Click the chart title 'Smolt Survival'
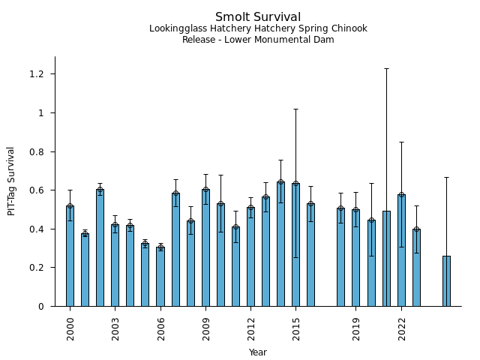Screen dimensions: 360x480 [x=258, y=17]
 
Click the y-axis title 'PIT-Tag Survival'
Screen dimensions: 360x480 [x=11, y=181]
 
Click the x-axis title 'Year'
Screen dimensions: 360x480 [x=258, y=352]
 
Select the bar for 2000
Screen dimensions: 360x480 [x=70, y=256]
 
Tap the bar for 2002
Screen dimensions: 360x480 [x=100, y=247]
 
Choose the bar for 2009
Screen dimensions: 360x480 [x=205, y=247]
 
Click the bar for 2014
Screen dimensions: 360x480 [x=280, y=244]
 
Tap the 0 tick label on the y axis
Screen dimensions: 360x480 [x=42, y=306]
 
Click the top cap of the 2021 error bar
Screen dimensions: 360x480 [x=386, y=68]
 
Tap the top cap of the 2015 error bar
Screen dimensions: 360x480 [x=295, y=109]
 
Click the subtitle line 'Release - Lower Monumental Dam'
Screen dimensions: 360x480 [x=258, y=40]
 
